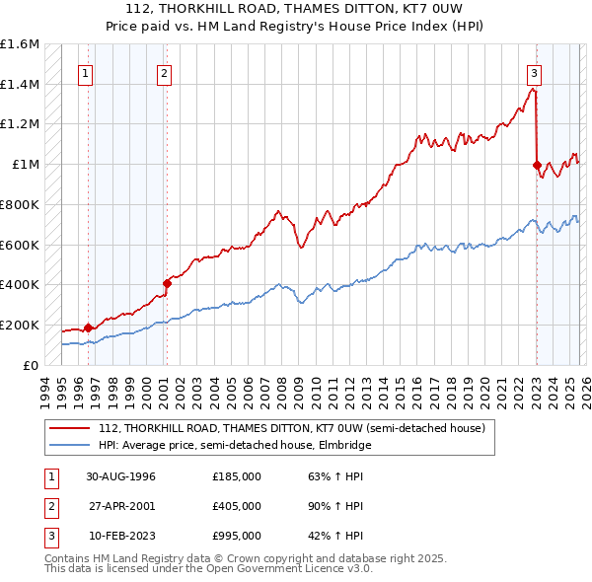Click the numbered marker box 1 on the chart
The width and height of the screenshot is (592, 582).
[x=86, y=72]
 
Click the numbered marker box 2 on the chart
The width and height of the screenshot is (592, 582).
[x=164, y=72]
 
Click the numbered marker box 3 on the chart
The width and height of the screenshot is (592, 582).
[x=534, y=72]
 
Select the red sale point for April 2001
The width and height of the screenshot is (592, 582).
[x=167, y=284]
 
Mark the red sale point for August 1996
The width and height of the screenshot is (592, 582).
[x=88, y=327]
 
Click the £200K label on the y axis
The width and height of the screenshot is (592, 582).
[x=20, y=325]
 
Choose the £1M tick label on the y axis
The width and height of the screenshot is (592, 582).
[x=26, y=165]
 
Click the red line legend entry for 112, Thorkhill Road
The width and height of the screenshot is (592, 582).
[x=291, y=429]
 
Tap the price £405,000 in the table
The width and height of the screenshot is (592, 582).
[x=237, y=506]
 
